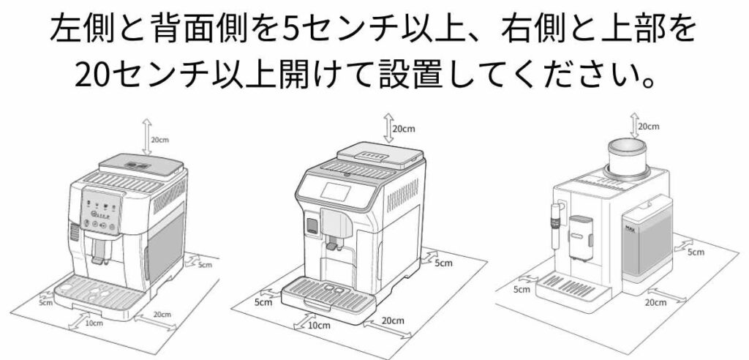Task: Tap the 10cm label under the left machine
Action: (93, 322)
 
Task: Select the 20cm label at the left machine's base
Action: (162, 315)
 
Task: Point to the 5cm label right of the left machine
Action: (205, 264)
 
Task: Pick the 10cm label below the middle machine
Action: (317, 325)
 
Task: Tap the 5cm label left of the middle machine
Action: (262, 301)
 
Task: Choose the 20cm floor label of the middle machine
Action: (393, 320)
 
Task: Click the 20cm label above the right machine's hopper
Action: (648, 126)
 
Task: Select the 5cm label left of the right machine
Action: (522, 289)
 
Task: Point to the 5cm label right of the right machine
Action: (696, 252)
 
